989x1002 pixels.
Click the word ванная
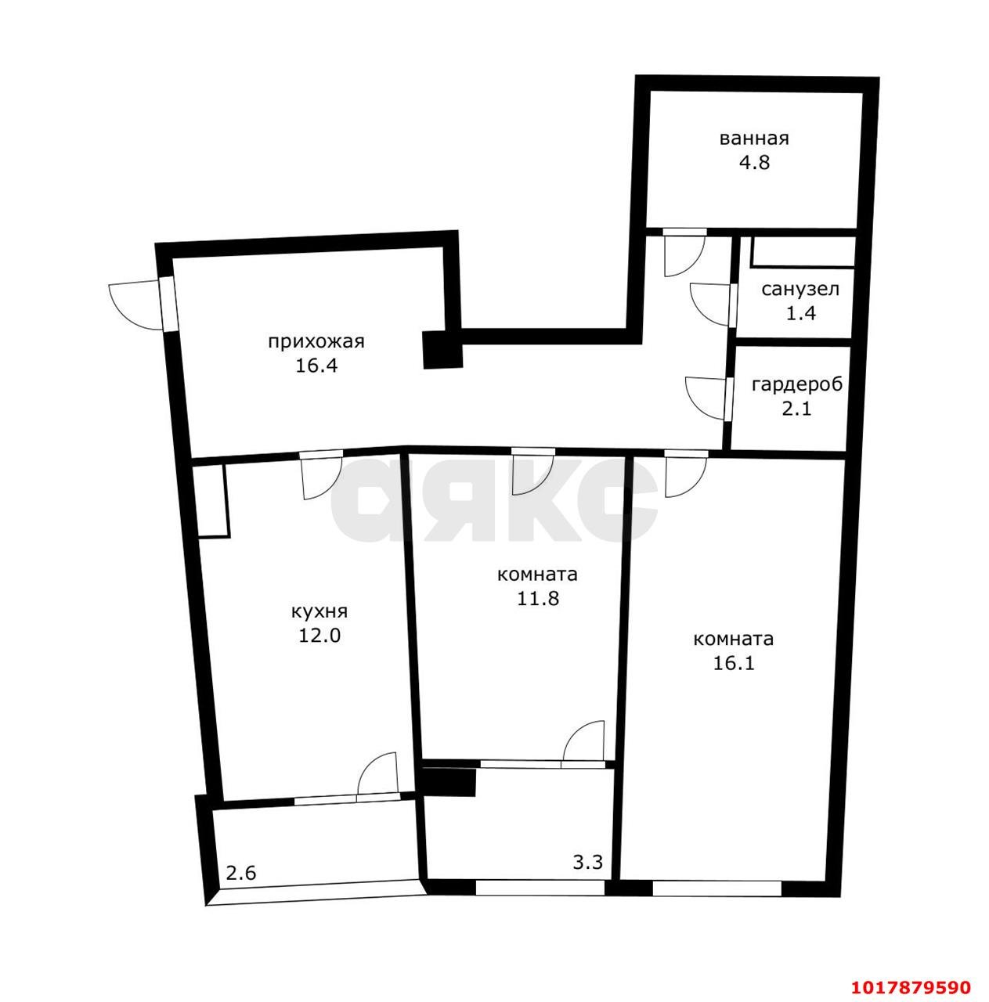[x=754, y=139]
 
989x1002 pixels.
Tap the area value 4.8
[x=754, y=163]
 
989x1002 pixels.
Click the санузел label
[x=800, y=289]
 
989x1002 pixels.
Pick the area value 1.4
[x=801, y=314]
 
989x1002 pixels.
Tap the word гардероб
[x=797, y=385]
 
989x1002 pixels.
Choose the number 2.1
[x=797, y=409]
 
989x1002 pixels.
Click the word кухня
[x=319, y=612]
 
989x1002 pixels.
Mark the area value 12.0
[x=319, y=636]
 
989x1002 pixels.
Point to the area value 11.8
[x=538, y=599]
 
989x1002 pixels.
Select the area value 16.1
[x=734, y=663]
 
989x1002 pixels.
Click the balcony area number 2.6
[x=241, y=873]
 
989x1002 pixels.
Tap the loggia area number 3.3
[x=588, y=863]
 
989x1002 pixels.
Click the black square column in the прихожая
[x=442, y=350]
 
